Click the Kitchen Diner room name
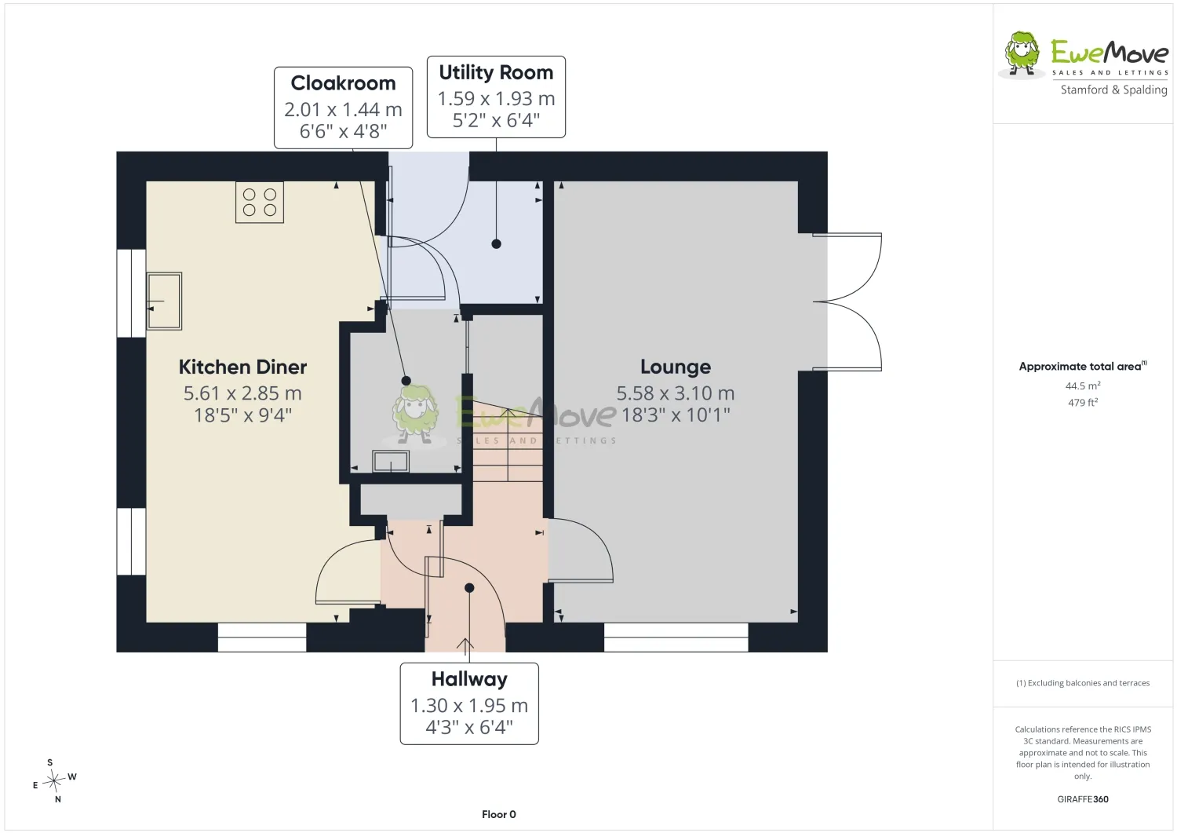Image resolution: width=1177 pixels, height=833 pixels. point(242,367)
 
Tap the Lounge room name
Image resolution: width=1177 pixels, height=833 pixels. point(676,367)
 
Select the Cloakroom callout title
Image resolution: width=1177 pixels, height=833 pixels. point(343,83)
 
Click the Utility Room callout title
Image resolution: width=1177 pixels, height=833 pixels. point(496,72)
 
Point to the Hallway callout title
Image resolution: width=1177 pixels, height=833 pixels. point(469,679)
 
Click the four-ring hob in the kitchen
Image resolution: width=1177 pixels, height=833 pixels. point(260,202)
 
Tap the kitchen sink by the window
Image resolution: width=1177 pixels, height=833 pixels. point(164,301)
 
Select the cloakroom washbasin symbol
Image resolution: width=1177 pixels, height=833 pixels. point(391,461)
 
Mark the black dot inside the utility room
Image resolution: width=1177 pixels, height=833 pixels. point(496,244)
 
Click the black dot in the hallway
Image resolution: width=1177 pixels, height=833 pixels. point(469,588)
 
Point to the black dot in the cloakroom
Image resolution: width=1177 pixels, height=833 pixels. point(406,381)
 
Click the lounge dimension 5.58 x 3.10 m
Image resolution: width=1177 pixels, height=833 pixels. point(676,393)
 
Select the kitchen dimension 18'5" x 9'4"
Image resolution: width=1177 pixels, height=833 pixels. point(242,415)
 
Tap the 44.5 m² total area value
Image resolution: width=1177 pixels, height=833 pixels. point(1083,385)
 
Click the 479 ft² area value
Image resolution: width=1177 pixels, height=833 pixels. point(1083,402)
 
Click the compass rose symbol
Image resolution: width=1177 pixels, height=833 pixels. point(54,781)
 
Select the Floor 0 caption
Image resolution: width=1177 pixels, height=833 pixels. point(498,815)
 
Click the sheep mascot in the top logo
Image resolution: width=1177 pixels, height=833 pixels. point(1021,55)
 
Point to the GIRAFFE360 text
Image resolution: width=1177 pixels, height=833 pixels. point(1083,799)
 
